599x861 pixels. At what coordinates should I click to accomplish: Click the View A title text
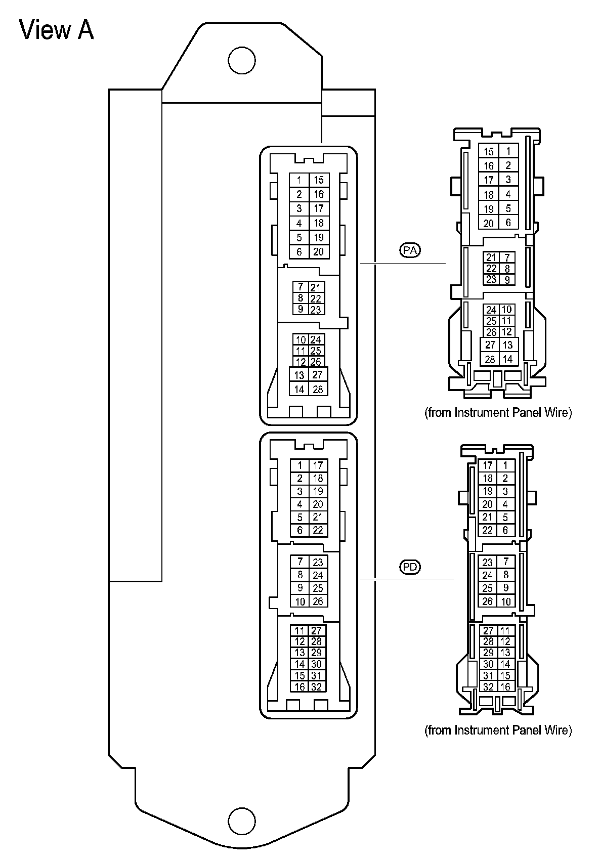pyautogui.click(x=57, y=30)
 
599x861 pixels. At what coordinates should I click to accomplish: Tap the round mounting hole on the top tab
pyautogui.click(x=242, y=61)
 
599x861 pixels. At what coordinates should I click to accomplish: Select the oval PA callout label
pyautogui.click(x=411, y=250)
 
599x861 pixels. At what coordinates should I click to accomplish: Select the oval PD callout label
pyautogui.click(x=410, y=567)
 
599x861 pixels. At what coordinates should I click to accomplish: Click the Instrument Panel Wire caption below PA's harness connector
pyautogui.click(x=498, y=412)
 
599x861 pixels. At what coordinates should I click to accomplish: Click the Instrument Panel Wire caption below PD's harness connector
pyautogui.click(x=498, y=730)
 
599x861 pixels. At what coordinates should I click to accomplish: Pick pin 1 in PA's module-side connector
pyautogui.click(x=299, y=180)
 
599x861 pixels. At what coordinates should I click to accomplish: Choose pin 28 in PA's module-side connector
pyautogui.click(x=318, y=389)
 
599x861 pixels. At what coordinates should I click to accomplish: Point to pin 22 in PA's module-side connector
pyautogui.click(x=316, y=298)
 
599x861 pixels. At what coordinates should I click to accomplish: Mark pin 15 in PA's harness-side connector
pyautogui.click(x=489, y=151)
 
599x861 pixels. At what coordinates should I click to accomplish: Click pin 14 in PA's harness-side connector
pyautogui.click(x=507, y=359)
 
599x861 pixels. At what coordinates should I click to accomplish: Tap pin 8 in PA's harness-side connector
pyautogui.click(x=507, y=269)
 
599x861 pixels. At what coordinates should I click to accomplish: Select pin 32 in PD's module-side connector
pyautogui.click(x=317, y=686)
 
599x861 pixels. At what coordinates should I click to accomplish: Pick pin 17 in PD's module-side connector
pyautogui.click(x=318, y=465)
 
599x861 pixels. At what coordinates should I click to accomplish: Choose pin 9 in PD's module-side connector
pyautogui.click(x=300, y=588)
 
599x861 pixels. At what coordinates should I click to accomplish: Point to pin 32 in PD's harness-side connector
pyautogui.click(x=488, y=686)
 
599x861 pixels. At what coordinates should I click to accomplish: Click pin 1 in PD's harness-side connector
pyautogui.click(x=505, y=465)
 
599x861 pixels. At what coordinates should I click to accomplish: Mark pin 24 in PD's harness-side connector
pyautogui.click(x=488, y=575)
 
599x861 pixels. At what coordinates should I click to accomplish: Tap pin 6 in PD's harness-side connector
pyautogui.click(x=505, y=530)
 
